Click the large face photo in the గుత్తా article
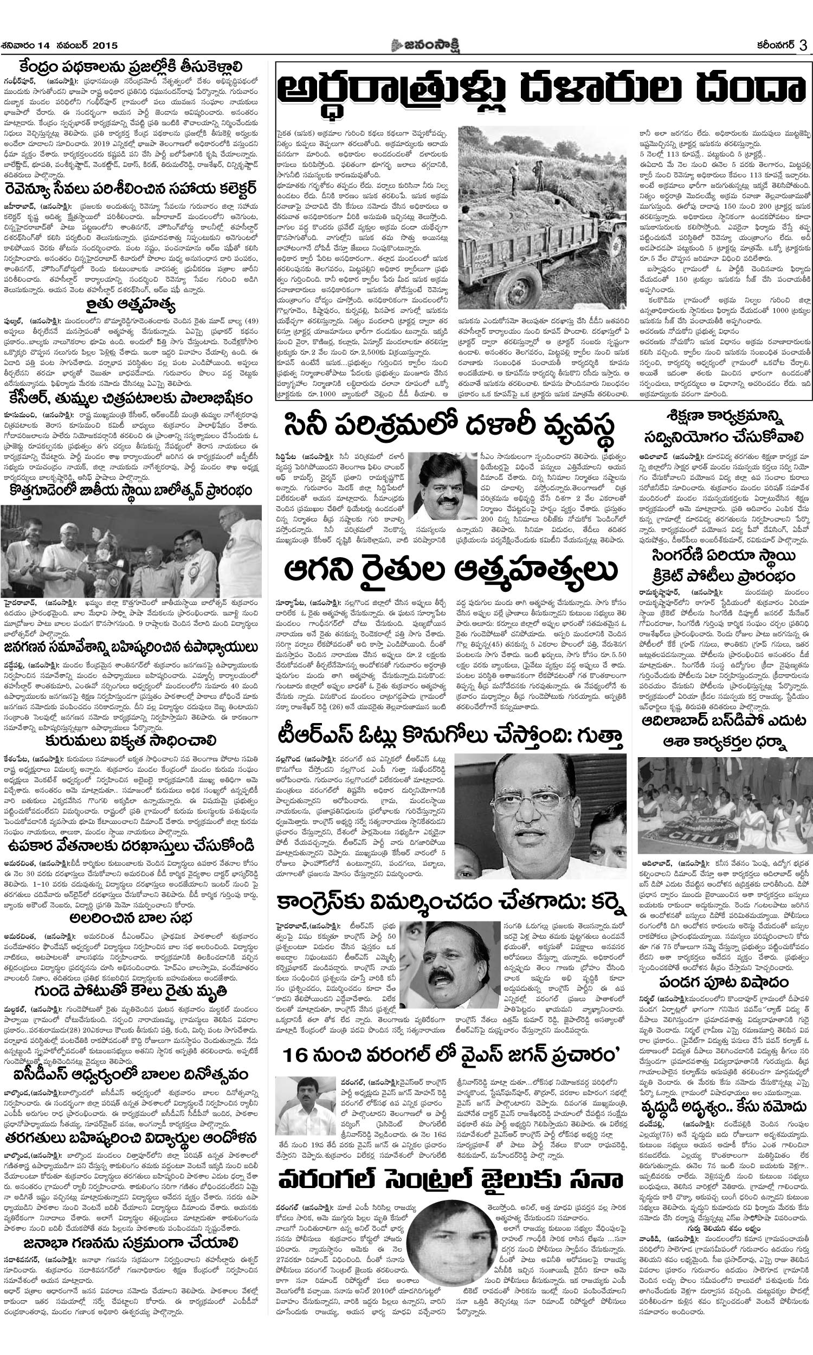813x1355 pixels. (x=540, y=816)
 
